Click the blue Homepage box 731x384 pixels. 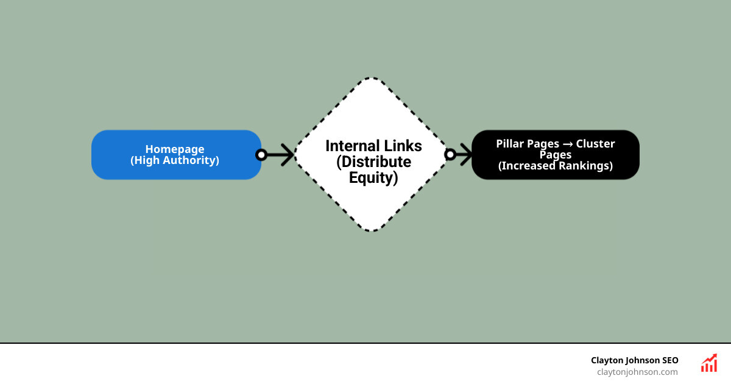pyautogui.click(x=176, y=155)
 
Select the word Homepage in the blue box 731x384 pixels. pyautogui.click(x=175, y=149)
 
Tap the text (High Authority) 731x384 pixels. pyautogui.click(x=175, y=161)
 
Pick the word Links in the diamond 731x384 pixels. pyautogui.click(x=404, y=146)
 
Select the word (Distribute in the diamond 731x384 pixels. pyautogui.click(x=373, y=162)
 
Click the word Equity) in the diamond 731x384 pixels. pyautogui.click(x=373, y=178)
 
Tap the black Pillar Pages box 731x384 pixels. pyautogui.click(x=555, y=155)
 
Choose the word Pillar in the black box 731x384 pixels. pyautogui.click(x=510, y=144)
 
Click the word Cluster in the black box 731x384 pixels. pyautogui.click(x=595, y=144)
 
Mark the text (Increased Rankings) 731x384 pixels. pyautogui.click(x=555, y=166)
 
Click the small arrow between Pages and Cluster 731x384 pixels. pyautogui.click(x=567, y=144)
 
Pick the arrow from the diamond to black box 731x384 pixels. pyautogui.click(x=462, y=155)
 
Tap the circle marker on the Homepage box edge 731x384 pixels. pyautogui.click(x=261, y=155)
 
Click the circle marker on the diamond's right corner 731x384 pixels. pyautogui.click(x=450, y=155)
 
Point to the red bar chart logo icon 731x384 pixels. pyautogui.click(x=709, y=363)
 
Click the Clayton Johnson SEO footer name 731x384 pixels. pyautogui.click(x=634, y=360)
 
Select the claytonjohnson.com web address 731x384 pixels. pyautogui.click(x=637, y=372)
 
